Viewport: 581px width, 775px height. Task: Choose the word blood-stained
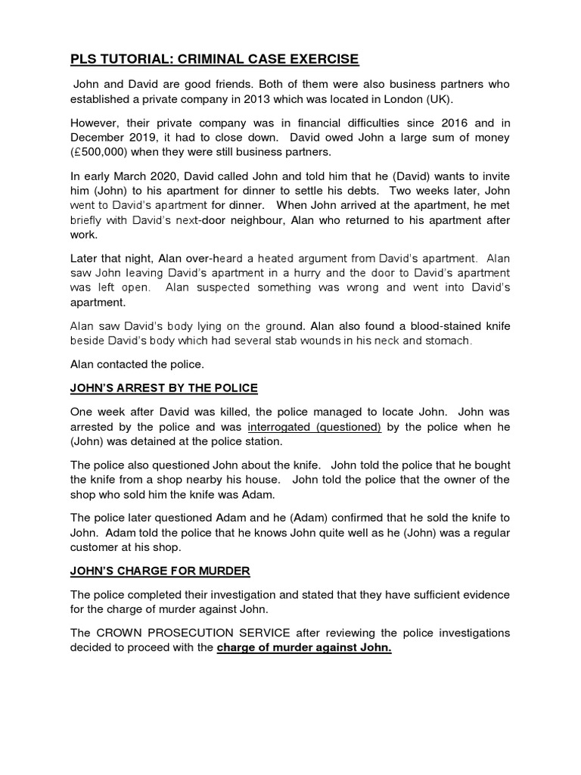pyautogui.click(x=433, y=326)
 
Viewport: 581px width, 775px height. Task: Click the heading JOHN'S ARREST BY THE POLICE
pyautogui.click(x=164, y=388)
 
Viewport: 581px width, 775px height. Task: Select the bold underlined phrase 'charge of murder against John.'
pyautogui.click(x=304, y=648)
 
